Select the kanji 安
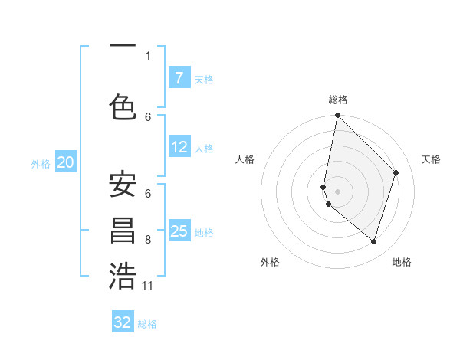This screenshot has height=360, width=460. click(123, 186)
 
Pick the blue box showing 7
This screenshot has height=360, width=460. click(179, 78)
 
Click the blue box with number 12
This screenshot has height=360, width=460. click(179, 148)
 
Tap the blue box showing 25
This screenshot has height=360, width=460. click(179, 231)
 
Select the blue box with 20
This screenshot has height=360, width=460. click(66, 162)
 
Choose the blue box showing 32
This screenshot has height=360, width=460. click(123, 322)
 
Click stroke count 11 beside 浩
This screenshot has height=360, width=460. click(148, 286)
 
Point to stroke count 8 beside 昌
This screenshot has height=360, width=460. click(148, 240)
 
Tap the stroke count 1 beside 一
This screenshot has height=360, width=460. click(148, 55)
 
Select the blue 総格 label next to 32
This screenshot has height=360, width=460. click(147, 324)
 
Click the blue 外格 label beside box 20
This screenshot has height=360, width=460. click(41, 163)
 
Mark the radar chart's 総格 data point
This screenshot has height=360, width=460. click(337, 116)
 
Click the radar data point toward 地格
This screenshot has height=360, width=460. click(373, 241)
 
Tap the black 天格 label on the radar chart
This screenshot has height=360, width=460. click(432, 159)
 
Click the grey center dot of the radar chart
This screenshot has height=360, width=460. click(337, 191)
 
